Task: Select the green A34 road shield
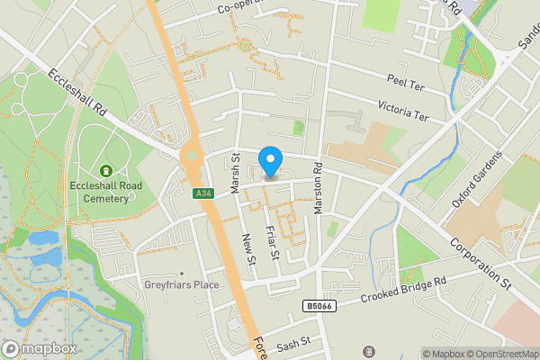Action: (203, 193)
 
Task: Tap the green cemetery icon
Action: (106, 171)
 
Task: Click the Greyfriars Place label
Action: (182, 285)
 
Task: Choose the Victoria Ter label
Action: (404, 111)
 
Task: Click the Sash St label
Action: (293, 343)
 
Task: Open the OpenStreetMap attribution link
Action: (496, 354)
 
